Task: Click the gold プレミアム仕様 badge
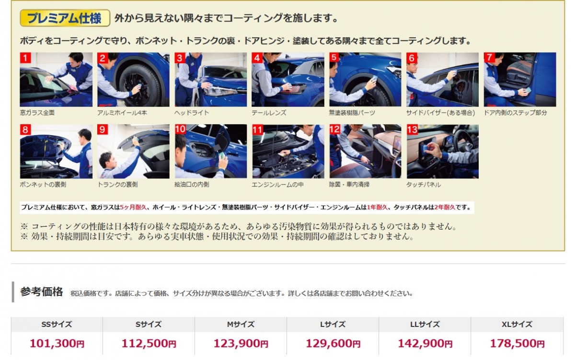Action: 65,18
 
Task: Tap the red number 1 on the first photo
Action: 25,58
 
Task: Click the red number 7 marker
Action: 489,57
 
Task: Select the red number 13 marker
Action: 412,129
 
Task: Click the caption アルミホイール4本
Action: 122,113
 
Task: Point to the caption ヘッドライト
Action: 192,113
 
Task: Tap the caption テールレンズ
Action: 269,113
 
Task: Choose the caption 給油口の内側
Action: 192,185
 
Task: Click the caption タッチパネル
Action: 424,185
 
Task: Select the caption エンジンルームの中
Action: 277,185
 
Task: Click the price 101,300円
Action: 57,343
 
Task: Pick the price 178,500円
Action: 517,343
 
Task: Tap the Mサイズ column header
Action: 241,325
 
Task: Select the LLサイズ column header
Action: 425,325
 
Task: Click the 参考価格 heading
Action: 42,292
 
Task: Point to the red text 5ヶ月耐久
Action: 133,207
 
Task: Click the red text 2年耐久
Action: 445,207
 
